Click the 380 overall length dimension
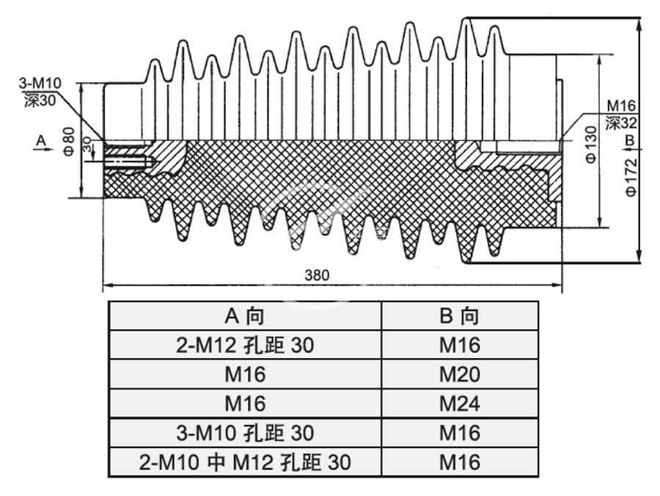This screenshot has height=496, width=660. click(x=317, y=275)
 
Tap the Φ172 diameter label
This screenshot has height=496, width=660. click(x=631, y=177)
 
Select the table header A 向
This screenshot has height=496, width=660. click(x=245, y=316)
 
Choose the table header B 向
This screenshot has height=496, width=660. click(x=460, y=316)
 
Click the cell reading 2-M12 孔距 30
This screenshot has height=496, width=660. click(x=245, y=346)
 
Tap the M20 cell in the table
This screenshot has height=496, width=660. click(x=460, y=375)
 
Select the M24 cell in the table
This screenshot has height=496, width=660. click(x=460, y=404)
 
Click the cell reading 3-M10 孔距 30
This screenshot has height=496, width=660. click(x=245, y=433)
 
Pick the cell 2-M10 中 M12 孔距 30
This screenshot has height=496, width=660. click(x=245, y=462)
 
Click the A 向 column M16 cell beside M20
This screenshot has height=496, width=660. click(x=245, y=375)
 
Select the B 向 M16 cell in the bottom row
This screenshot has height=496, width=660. click(x=460, y=462)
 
